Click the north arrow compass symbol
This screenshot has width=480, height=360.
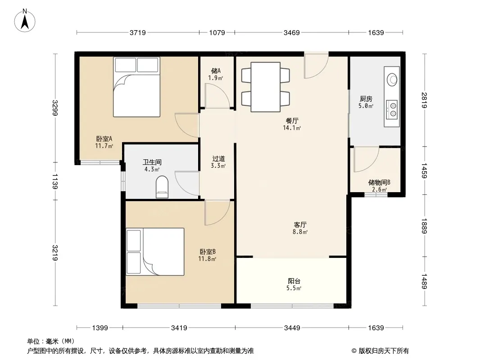coord(25,20)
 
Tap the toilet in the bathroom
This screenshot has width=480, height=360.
coord(162,187)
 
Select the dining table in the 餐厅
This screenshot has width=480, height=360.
coord(265,87)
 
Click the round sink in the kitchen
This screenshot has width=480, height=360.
coord(392,79)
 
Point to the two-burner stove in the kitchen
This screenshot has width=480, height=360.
coord(392,110)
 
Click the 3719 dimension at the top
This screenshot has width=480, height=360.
coord(138,32)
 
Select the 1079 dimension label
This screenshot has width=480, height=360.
coord(217,32)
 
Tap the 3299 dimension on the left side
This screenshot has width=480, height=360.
coord(55,108)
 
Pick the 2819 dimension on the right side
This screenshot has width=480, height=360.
coord(424,100)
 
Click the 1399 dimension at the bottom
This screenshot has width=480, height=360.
coord(100,328)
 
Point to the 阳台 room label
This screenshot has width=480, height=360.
coord(294,281)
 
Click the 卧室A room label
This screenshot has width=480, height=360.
coord(104,139)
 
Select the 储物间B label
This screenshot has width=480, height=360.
coord(379,183)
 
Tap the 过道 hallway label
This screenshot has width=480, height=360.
coord(218,159)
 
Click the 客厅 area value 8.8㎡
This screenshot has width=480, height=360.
coord(300,232)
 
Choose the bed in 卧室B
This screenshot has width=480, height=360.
coord(155,252)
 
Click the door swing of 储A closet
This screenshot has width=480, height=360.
coord(217,95)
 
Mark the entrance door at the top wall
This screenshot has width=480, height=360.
coord(316,66)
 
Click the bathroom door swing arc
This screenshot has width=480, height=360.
coord(187,184)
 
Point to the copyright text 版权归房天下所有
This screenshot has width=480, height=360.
coord(384,351)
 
